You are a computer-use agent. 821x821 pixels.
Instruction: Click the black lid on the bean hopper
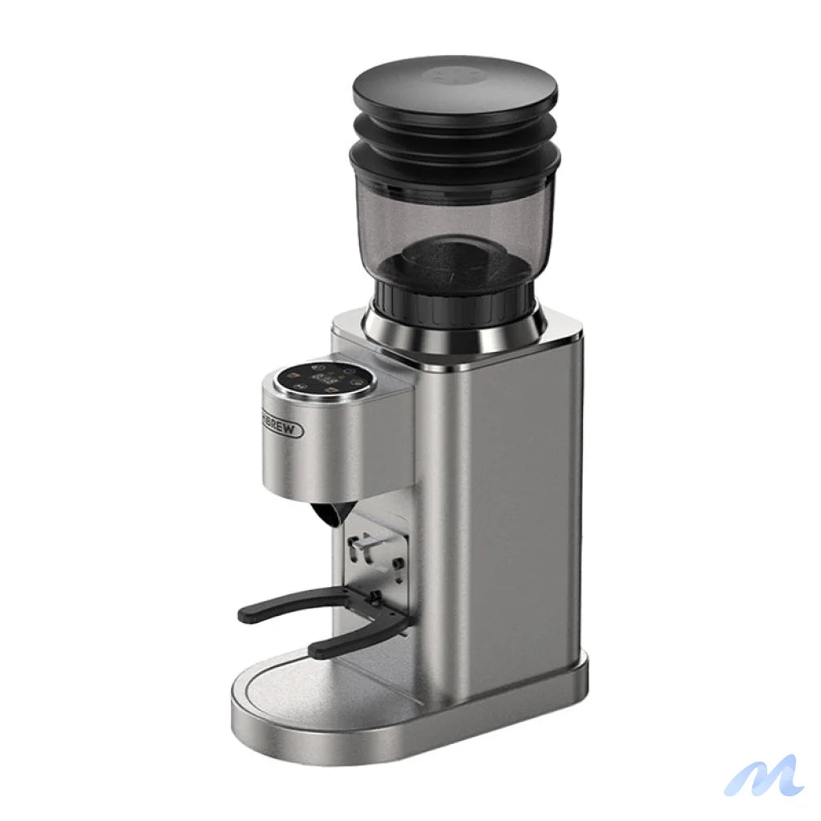pos(455,88)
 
